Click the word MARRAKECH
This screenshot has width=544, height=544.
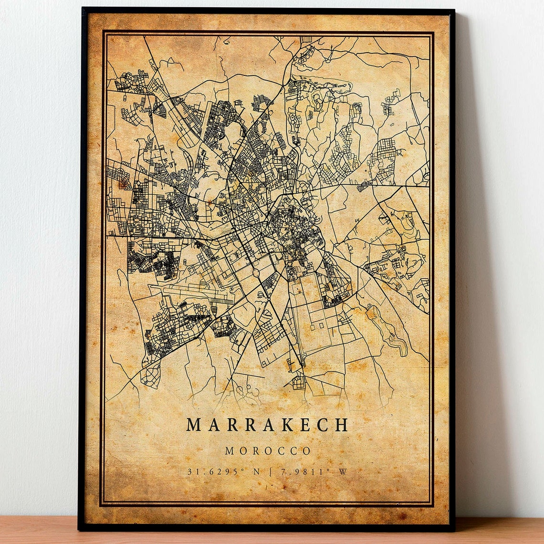pos(267,425)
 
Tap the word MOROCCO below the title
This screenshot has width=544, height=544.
pos(268,451)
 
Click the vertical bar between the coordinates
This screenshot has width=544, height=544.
pos(271,472)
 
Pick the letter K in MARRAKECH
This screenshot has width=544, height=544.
pos(287,425)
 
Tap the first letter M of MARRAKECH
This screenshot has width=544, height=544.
pos(193,425)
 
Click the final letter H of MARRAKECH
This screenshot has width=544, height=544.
pos(342,425)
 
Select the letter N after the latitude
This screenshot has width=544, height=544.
pos(256,472)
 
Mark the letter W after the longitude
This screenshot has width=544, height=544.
pos(343,472)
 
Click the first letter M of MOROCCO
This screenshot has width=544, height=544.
pos(230,451)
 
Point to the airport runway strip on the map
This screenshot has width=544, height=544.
pos(191,292)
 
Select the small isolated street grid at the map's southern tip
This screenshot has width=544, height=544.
pos(299,381)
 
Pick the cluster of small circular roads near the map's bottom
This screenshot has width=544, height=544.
pos(246,389)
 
